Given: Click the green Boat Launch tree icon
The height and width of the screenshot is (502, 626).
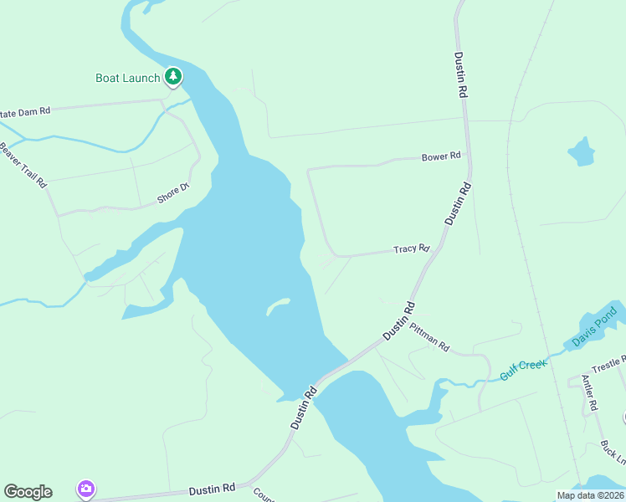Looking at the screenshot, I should pos(173,78).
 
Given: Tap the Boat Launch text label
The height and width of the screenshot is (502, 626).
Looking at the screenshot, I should pos(127,79).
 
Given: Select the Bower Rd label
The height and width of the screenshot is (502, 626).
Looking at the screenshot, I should pos(441,156).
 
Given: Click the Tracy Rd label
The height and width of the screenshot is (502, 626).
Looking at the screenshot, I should pos(411,248).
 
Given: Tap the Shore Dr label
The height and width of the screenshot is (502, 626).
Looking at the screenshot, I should pos(174,194).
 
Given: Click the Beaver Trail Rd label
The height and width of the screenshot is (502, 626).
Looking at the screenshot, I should pos(23,165).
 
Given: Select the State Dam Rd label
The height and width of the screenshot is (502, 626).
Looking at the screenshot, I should pos(25,110).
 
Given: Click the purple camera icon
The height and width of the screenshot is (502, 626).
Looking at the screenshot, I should pos(85,489).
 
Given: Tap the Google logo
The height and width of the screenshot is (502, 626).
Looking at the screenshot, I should pos(28,492).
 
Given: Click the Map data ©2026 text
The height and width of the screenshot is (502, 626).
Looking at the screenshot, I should pos(588,495).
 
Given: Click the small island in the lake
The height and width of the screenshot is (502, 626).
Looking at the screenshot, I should pos(278,306).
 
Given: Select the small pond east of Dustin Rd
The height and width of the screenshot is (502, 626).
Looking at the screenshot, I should pos(581,151).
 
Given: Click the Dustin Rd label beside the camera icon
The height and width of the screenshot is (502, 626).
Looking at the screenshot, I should pos(212,489).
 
